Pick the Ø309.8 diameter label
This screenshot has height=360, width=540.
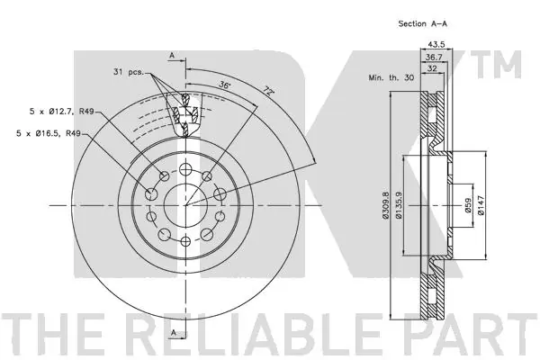coord(387,208)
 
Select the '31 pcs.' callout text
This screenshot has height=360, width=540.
coord(130,72)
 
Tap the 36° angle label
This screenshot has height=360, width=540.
coord(224,86)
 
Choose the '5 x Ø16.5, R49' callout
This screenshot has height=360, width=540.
coord(60,134)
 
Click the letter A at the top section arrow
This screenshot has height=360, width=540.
coord(171,55)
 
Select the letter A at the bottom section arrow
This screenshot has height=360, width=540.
coord(171,335)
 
